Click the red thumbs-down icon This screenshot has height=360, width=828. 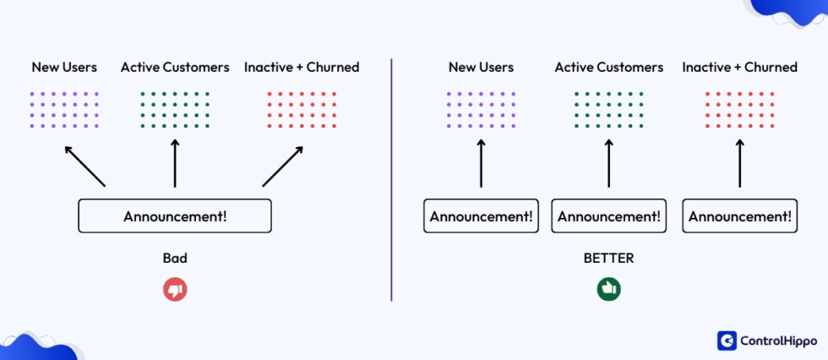[x=175, y=290]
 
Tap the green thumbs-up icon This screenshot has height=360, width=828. [x=608, y=289]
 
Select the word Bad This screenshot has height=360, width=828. [x=175, y=258]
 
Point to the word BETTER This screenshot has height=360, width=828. [x=608, y=258]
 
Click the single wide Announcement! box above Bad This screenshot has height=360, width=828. [x=175, y=215]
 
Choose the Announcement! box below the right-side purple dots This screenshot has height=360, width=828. [x=481, y=215]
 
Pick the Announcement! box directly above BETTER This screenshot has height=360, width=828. [x=608, y=215]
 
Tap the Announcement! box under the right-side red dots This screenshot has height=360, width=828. [x=739, y=215]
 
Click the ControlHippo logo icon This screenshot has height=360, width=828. [x=727, y=340]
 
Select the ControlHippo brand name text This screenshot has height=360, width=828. [x=778, y=340]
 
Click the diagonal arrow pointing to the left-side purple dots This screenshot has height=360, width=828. [x=84, y=166]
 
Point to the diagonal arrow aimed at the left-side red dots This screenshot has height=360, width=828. [x=283, y=166]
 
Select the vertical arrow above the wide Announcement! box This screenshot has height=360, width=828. [x=175, y=164]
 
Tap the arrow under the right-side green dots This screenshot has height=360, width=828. [x=608, y=164]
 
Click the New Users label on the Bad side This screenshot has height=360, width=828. [x=64, y=67]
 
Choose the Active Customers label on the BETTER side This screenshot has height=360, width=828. [x=608, y=67]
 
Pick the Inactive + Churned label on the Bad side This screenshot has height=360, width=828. [x=302, y=67]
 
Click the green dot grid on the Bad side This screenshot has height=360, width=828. [x=175, y=110]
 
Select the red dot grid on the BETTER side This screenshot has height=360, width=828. [x=739, y=110]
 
